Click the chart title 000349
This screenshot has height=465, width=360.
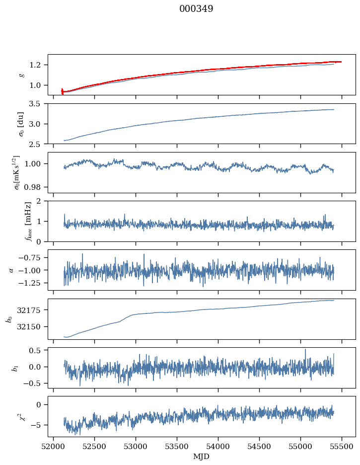click(x=196, y=9)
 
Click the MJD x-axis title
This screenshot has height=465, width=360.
click(x=201, y=457)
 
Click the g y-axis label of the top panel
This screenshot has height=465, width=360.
click(x=21, y=75)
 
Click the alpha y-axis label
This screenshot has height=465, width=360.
click(x=11, y=270)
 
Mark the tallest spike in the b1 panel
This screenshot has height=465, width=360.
click(x=305, y=349)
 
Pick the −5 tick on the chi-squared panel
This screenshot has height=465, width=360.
click(x=38, y=425)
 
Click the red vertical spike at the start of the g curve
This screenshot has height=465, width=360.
click(x=62, y=91)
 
